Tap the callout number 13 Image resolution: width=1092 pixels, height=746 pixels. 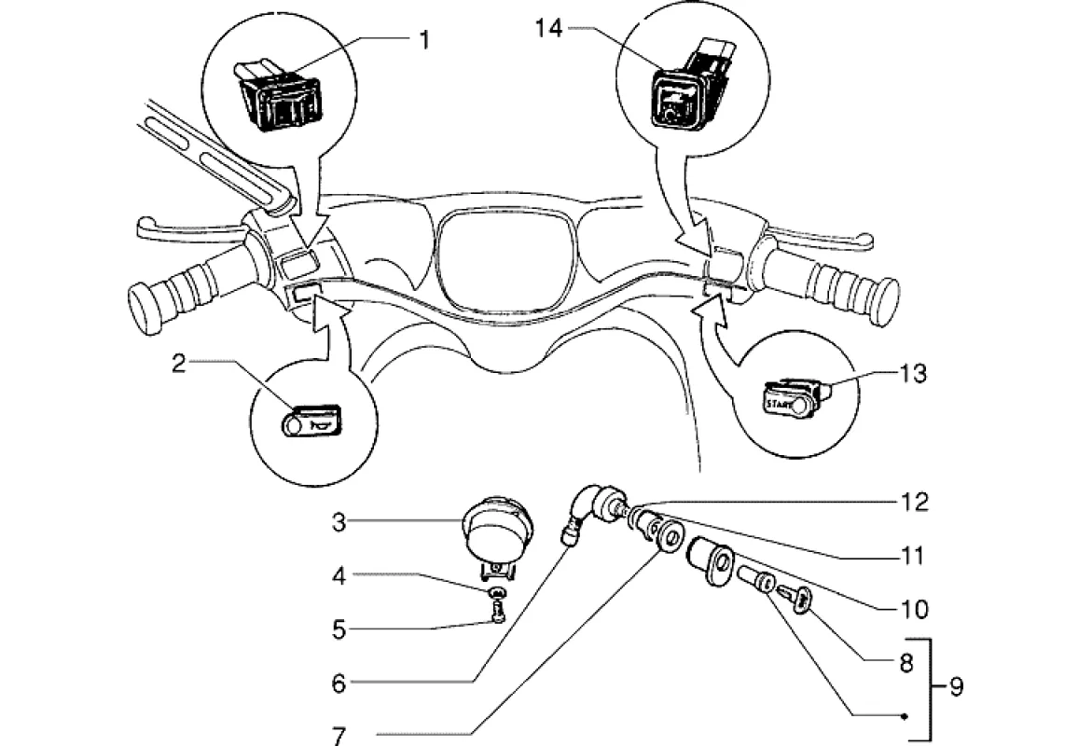click(913, 373)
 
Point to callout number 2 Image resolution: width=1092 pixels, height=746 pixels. click(179, 363)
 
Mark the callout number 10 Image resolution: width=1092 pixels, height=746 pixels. click(914, 610)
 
